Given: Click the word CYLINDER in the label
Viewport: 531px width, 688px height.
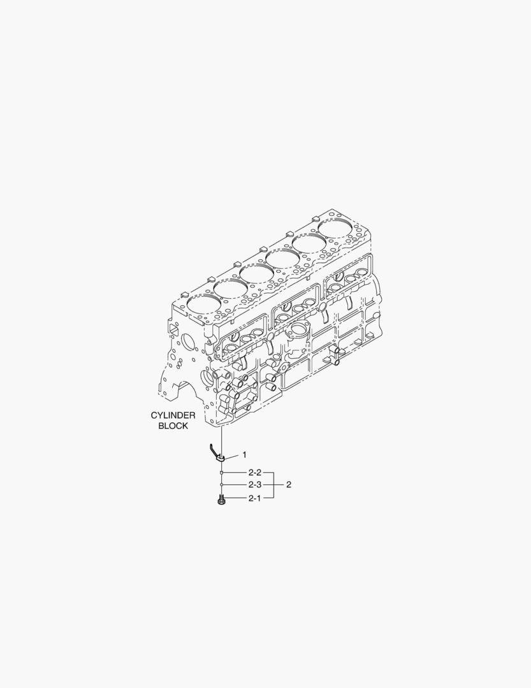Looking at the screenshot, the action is [173, 415].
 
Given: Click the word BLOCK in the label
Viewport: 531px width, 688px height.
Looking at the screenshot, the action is [173, 426].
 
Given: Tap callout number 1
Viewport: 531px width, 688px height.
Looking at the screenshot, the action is [244, 455].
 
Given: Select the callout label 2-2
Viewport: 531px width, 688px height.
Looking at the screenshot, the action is [255, 473].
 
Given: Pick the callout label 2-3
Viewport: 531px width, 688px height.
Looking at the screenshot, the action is [255, 485].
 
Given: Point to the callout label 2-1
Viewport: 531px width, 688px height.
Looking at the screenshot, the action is [254, 498].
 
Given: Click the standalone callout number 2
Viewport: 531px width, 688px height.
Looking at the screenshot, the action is [289, 485].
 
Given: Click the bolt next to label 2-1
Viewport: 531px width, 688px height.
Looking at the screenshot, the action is [222, 499].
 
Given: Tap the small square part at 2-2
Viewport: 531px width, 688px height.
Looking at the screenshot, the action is [222, 473].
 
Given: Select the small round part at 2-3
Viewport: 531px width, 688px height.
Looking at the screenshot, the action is [222, 485].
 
